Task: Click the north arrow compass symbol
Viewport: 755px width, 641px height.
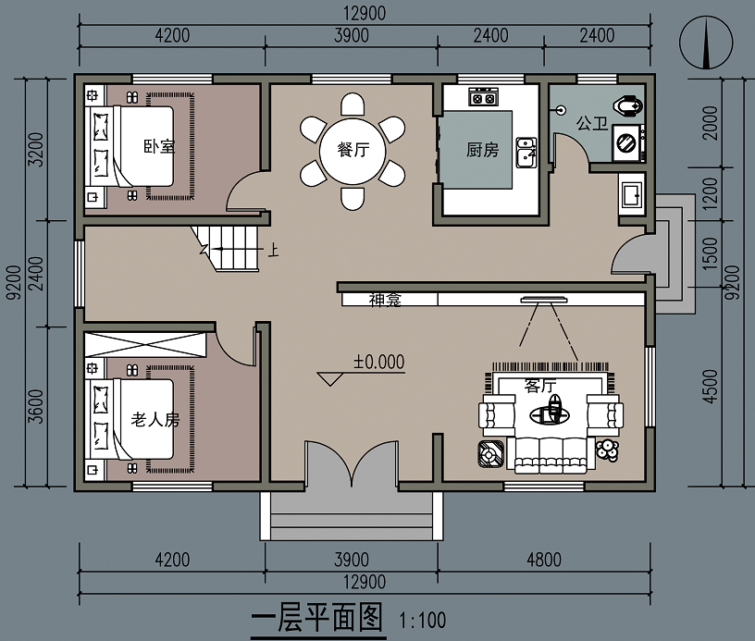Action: tap(706, 43)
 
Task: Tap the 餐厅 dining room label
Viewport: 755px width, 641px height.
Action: tap(353, 149)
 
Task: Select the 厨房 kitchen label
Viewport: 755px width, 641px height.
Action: tap(482, 150)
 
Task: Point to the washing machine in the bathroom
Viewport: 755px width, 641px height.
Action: tap(628, 142)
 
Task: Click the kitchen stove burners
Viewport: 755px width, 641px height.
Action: tap(483, 97)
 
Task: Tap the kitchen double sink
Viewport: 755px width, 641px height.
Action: tap(526, 153)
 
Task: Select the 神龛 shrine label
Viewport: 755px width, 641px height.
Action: tap(385, 300)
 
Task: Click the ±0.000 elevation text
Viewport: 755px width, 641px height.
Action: tap(379, 362)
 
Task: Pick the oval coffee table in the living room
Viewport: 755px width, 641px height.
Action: tap(550, 414)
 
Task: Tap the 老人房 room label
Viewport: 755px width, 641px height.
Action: tap(155, 420)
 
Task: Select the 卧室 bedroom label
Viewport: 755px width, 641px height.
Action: tap(159, 146)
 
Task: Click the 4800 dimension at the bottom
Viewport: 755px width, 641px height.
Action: tap(544, 560)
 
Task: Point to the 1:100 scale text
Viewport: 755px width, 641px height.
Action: tap(422, 621)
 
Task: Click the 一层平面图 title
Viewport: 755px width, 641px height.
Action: tap(316, 618)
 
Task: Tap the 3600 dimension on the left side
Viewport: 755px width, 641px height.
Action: tap(36, 407)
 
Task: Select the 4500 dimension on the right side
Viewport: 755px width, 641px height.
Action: tap(711, 387)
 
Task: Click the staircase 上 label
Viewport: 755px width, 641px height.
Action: tap(273, 251)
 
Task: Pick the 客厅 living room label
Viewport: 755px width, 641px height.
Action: tap(540, 386)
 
